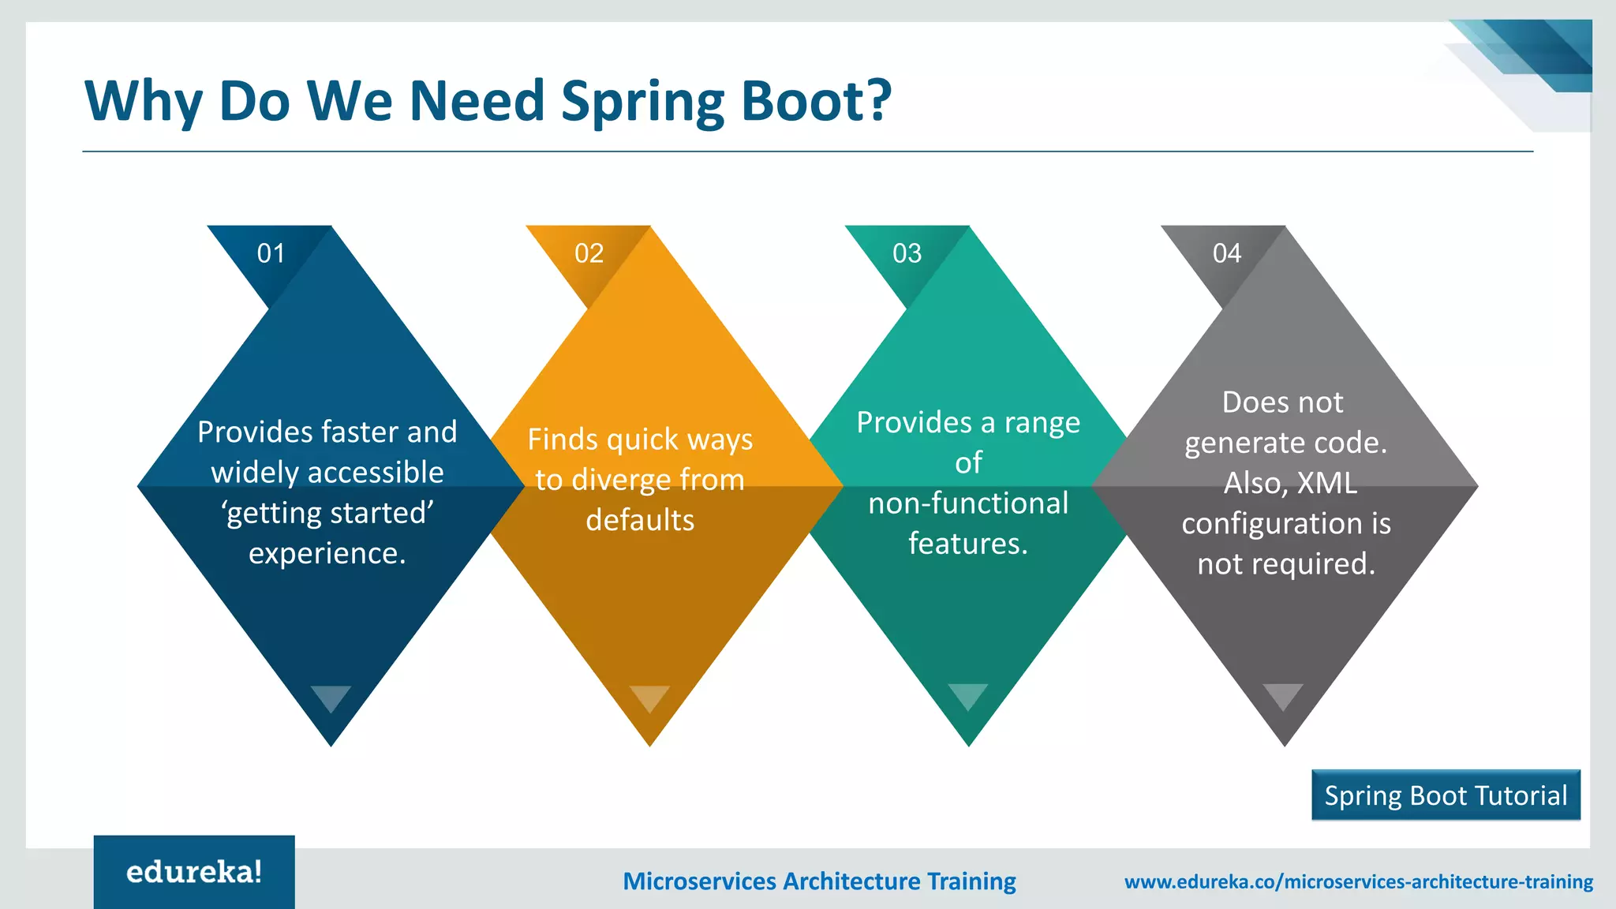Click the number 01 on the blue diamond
(271, 253)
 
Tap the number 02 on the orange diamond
(589, 253)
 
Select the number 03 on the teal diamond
(907, 253)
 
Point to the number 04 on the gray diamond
(1226, 253)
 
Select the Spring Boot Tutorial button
(1446, 795)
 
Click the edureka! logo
(194, 872)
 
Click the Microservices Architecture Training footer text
(819, 881)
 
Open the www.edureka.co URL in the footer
(1358, 881)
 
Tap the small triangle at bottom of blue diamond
(331, 697)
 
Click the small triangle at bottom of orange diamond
(649, 697)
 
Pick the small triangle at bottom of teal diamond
(968, 695)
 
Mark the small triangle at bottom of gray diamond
(1283, 695)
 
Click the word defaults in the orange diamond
(640, 520)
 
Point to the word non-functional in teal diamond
(968, 503)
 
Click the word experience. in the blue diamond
(327, 554)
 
